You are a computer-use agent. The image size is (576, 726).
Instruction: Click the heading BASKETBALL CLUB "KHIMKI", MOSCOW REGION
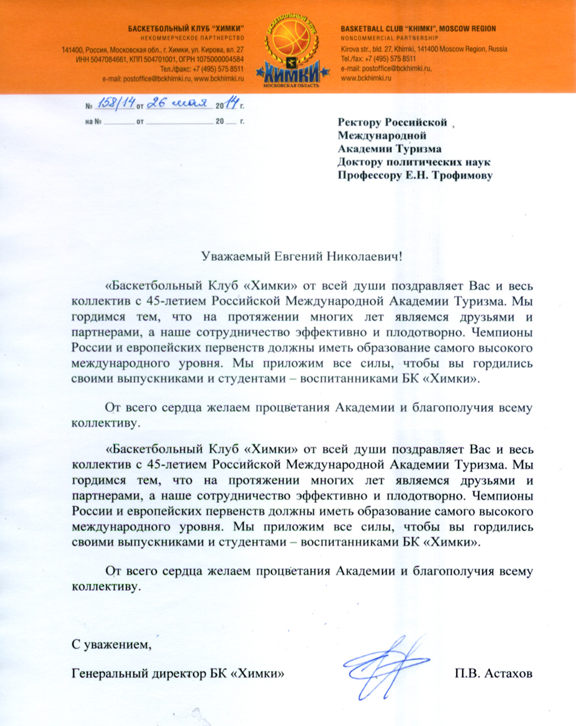(418, 29)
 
